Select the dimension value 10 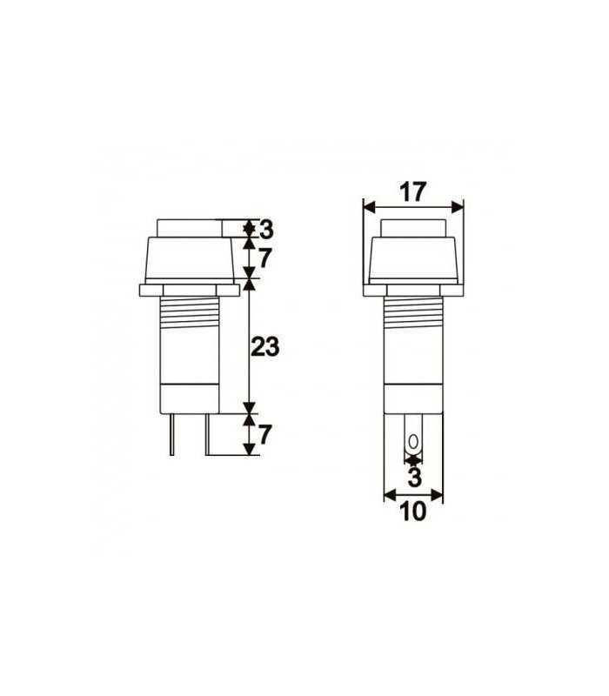tap(414, 512)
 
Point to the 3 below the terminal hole tap(414, 476)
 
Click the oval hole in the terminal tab tap(413, 439)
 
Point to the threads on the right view tap(413, 313)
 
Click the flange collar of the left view tap(189, 288)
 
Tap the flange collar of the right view tap(413, 288)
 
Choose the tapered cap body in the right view tap(413, 259)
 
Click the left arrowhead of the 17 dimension tap(368, 207)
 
